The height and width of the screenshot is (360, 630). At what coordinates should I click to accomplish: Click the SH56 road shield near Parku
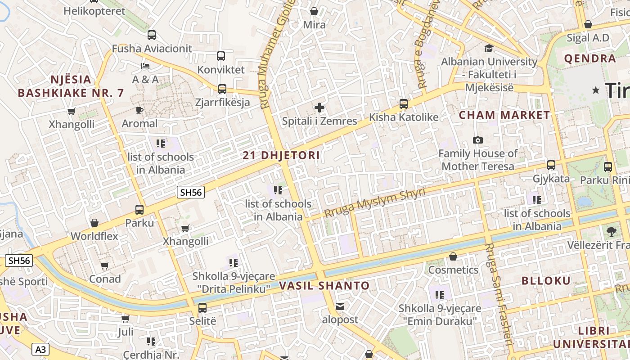coord(191,193)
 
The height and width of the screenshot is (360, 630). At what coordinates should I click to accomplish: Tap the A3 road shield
coord(40,349)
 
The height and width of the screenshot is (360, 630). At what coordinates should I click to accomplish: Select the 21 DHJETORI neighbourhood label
coord(281,156)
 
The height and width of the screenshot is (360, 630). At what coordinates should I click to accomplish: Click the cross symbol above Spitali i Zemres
coord(319,108)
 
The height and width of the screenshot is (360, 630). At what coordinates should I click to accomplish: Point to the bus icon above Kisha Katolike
coord(404,104)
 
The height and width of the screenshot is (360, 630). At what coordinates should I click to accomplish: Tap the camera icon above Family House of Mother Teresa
coord(478,140)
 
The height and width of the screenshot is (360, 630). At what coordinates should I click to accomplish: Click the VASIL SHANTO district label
coord(324,286)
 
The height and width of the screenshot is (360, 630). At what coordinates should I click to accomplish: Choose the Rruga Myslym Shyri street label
coord(374,203)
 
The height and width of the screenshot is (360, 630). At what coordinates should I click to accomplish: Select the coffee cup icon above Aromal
coord(139,110)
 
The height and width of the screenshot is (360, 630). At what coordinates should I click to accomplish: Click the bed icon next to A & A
coord(145,66)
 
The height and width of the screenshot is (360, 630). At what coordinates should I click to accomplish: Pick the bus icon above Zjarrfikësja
coord(222,89)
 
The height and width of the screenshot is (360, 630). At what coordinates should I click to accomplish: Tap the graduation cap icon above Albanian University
coord(489,49)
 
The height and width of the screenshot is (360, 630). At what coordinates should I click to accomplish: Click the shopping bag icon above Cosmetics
coord(453,256)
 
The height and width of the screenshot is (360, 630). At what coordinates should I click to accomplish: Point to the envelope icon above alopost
coord(340,306)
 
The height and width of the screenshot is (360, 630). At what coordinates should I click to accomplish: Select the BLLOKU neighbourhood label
coord(546,281)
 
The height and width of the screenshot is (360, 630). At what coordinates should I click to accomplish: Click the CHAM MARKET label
coord(504,115)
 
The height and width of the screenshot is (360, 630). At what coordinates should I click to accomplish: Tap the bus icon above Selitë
coord(202,308)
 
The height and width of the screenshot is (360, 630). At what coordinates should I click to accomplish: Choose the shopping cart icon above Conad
coord(105,266)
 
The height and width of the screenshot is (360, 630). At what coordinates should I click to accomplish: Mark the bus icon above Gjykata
coord(551,165)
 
